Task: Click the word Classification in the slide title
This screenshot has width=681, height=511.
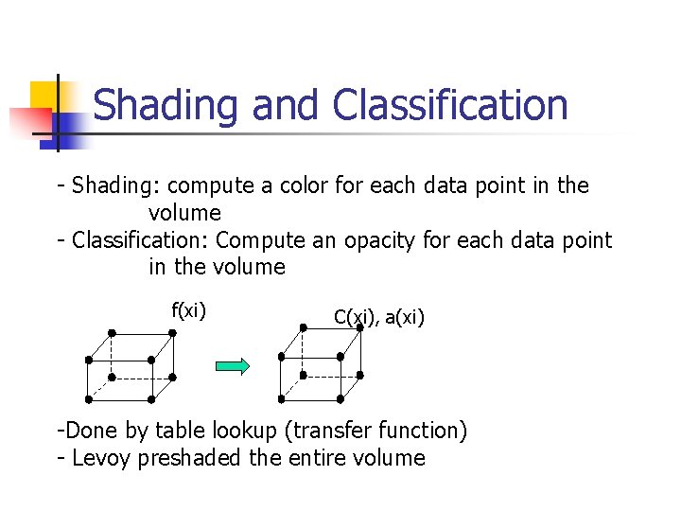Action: click(450, 106)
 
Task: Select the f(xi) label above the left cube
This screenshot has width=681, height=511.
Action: click(188, 310)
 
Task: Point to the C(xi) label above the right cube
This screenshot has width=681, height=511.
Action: click(357, 317)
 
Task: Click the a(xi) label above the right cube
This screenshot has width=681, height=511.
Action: click(405, 317)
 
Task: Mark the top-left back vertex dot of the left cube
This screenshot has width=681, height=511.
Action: click(112, 333)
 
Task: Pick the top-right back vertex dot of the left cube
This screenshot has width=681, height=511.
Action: click(173, 333)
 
